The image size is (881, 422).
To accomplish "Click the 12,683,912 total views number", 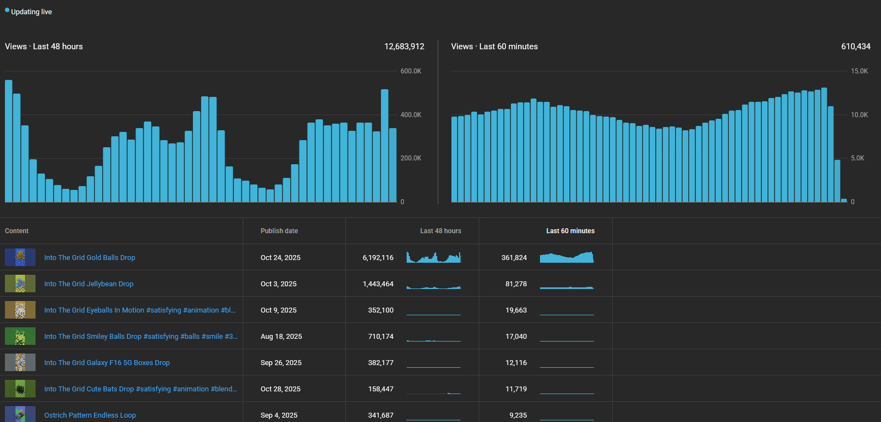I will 404,47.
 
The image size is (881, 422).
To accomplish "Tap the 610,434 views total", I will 855,47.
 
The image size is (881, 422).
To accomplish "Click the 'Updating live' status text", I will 31,12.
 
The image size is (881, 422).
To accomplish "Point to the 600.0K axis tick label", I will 410,71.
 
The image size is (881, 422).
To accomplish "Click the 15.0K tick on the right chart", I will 859,71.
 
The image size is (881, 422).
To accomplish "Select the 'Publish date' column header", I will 279,231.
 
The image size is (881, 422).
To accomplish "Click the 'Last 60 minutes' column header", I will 570,231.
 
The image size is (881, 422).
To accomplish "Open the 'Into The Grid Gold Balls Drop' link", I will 90,258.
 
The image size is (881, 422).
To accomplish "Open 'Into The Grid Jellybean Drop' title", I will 89,284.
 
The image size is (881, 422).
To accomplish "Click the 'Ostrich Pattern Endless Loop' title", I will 90,415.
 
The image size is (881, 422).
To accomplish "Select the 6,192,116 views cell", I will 378,258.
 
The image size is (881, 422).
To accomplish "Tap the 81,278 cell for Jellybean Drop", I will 516,284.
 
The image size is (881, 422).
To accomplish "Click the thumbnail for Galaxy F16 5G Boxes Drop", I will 20,362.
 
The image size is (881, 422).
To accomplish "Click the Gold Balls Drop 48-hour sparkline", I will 433,258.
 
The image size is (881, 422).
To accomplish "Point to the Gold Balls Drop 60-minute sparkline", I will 566,258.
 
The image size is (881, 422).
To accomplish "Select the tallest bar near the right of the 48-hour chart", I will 385,146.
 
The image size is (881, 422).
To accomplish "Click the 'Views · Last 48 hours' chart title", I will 44,47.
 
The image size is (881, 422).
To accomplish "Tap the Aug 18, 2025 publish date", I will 281,337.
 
